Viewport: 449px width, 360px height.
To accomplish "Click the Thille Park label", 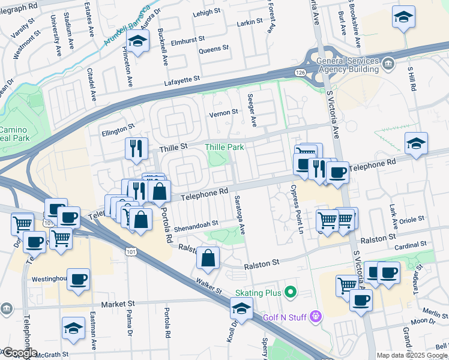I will pyautogui.click(x=224, y=147).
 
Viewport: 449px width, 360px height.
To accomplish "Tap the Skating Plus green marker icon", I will pyautogui.click(x=291, y=293).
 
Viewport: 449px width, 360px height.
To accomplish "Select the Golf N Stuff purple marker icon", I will pyautogui.click(x=316, y=316).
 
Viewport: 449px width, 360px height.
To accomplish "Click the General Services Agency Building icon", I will pyautogui.click(x=388, y=63).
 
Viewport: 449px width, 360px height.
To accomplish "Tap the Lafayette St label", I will pyautogui.click(x=181, y=79).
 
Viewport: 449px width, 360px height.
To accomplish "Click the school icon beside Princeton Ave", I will pyautogui.click(x=138, y=42).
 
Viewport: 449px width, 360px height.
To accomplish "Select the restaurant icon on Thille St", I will pyautogui.click(x=136, y=148).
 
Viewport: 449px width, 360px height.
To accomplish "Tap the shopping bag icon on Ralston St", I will pyautogui.click(x=207, y=258).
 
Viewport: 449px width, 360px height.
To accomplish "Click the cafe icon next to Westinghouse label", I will pyautogui.click(x=78, y=280).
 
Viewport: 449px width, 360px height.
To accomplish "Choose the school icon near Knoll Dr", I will pyautogui.click(x=241, y=308).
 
